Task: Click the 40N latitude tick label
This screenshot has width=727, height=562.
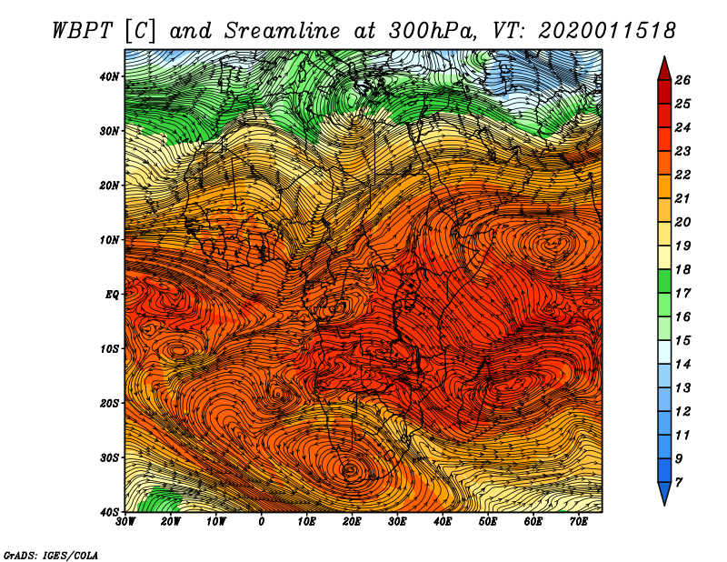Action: [x=109, y=76]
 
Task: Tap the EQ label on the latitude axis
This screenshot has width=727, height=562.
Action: [x=112, y=295]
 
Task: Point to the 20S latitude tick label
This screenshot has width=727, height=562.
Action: [x=109, y=403]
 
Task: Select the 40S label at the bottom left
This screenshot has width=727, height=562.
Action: [x=109, y=512]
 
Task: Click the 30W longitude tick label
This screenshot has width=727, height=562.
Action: [x=125, y=522]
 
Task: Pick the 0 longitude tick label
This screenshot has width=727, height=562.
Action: [x=262, y=522]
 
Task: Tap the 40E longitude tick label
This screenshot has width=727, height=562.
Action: [x=443, y=522]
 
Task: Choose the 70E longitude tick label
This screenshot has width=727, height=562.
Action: [x=579, y=522]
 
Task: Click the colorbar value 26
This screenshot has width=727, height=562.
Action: [x=682, y=80]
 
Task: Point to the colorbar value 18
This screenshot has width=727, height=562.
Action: [x=682, y=269]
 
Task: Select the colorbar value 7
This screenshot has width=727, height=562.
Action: [x=679, y=483]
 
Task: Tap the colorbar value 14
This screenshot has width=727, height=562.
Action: [x=682, y=365]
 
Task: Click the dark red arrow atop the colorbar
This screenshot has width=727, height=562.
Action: [x=664, y=70]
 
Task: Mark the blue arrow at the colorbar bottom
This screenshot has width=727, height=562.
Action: [x=664, y=494]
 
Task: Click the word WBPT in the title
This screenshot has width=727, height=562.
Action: [x=83, y=32]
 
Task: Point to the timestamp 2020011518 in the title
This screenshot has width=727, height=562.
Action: [x=606, y=31]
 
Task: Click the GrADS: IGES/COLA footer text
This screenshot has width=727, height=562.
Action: [x=51, y=556]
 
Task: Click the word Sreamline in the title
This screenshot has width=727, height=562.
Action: [x=283, y=32]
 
